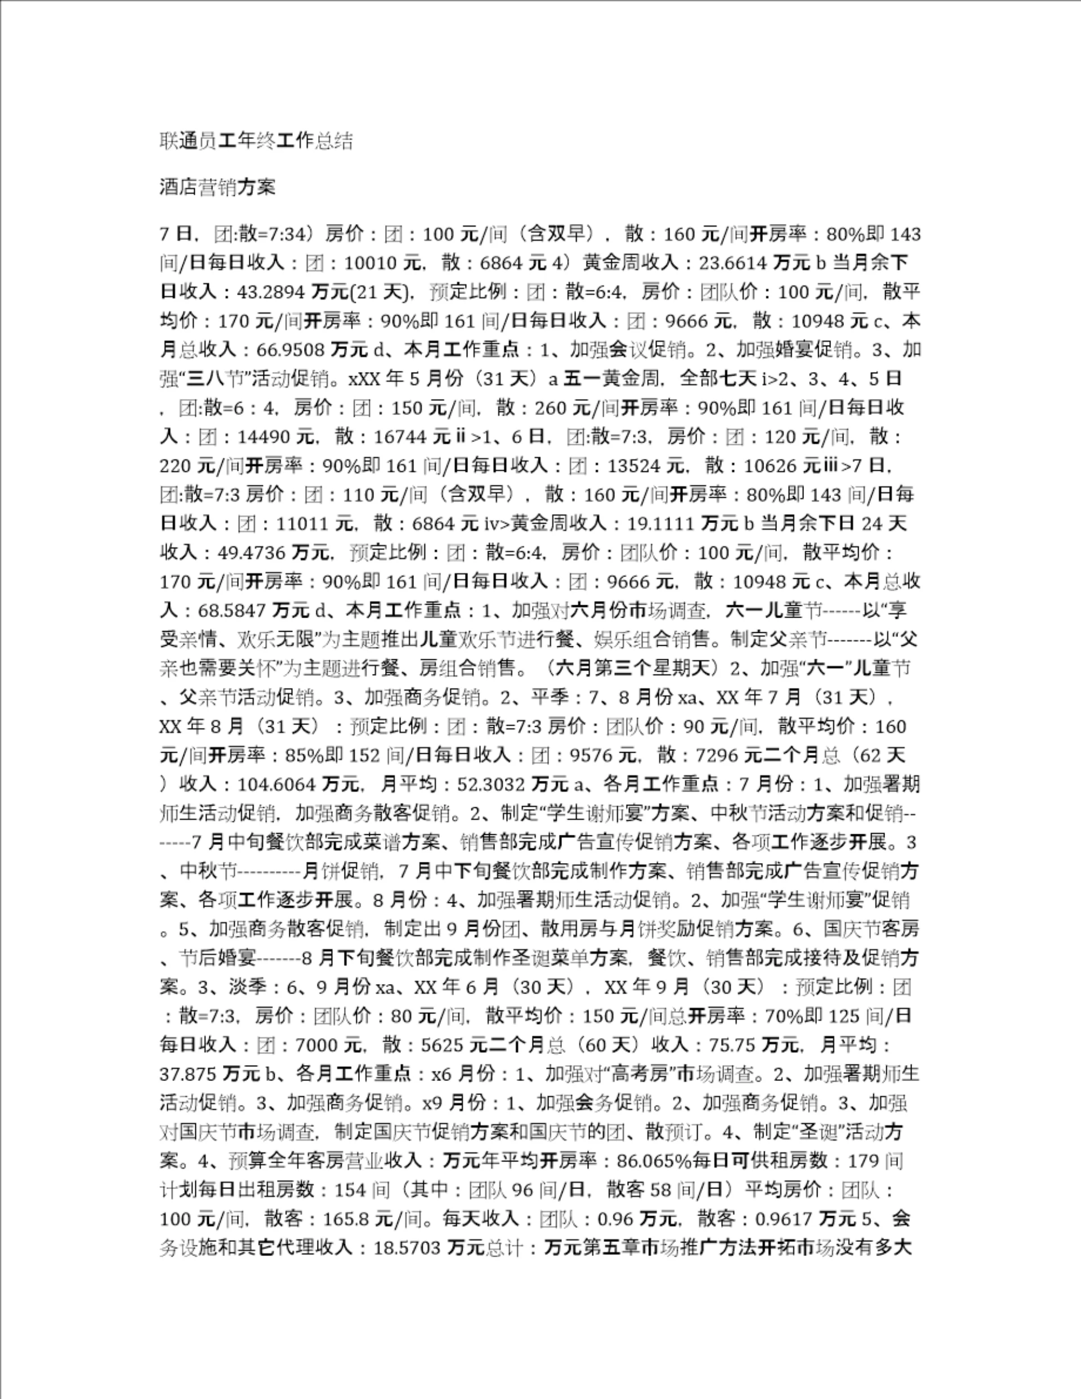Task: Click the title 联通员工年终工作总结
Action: click(x=256, y=141)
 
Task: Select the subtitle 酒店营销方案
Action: click(x=217, y=187)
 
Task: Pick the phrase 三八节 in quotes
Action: click(x=215, y=379)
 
